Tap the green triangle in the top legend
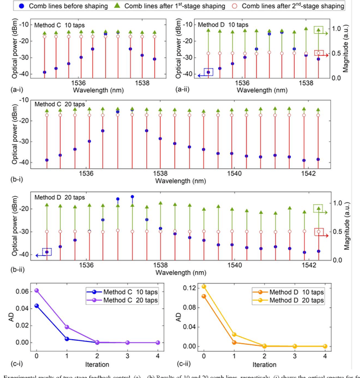point(116,6)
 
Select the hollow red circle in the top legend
point(236,6)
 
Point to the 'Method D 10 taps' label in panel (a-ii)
point(223,25)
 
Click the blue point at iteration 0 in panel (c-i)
point(37,305)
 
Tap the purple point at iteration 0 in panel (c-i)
point(37,290)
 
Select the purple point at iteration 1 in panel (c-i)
point(67,327)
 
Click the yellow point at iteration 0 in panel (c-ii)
point(204,286)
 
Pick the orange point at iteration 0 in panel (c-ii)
point(204,296)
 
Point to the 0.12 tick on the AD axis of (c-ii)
point(188,288)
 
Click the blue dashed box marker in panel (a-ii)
point(209,72)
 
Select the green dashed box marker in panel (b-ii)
point(318,209)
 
